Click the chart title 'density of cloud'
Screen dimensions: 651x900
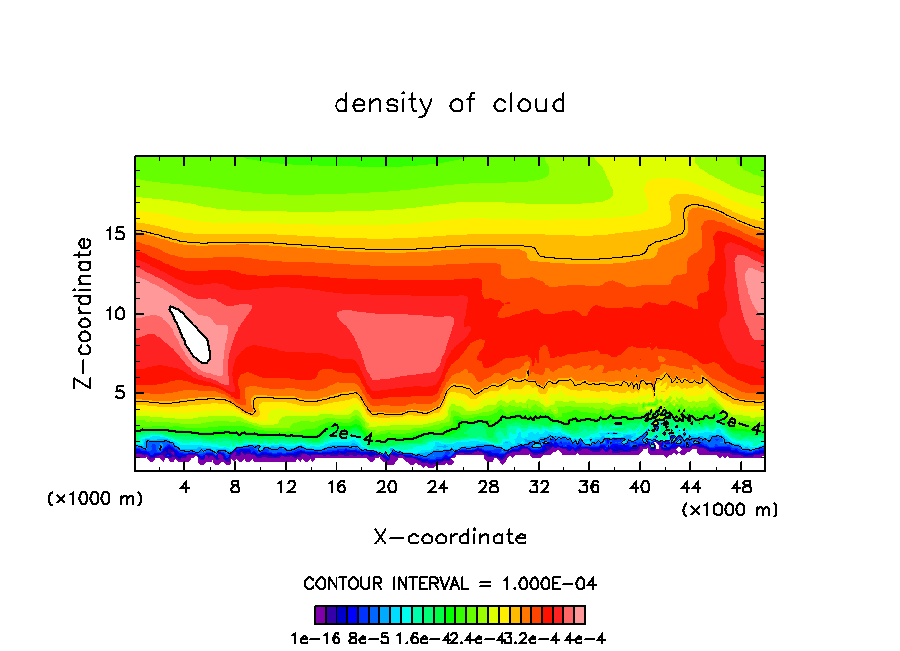(x=450, y=104)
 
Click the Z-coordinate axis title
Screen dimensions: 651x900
(x=84, y=313)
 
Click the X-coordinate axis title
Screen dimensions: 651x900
(x=450, y=538)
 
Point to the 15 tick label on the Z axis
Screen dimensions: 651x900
(x=115, y=234)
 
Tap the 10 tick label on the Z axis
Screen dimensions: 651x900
(x=115, y=314)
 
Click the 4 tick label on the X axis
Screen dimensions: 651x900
(x=184, y=487)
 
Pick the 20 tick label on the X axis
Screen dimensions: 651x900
(x=386, y=487)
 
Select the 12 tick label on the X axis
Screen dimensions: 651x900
(x=286, y=487)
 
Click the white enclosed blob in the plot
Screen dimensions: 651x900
(x=191, y=333)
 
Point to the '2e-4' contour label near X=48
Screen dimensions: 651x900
(x=738, y=422)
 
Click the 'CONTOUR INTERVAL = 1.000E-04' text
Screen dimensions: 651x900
(x=450, y=583)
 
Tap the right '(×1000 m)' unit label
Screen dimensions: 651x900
(x=729, y=510)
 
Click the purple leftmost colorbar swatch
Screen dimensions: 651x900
(x=320, y=614)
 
